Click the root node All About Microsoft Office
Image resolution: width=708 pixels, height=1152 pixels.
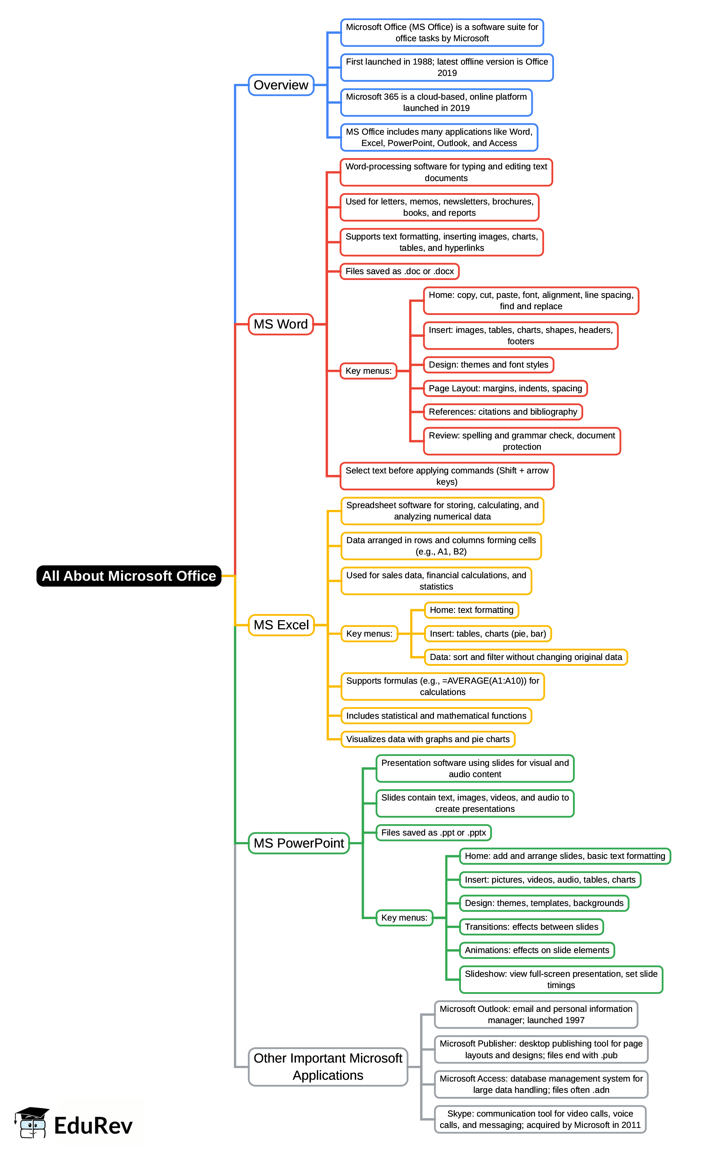tap(129, 576)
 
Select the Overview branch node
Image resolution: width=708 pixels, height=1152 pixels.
tap(281, 85)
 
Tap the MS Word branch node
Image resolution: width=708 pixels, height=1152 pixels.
tap(281, 324)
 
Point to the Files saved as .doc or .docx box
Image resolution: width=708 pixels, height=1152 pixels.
tap(399, 271)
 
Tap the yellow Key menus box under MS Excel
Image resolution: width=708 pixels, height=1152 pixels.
tap(369, 634)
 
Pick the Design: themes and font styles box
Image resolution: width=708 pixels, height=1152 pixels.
tap(488, 365)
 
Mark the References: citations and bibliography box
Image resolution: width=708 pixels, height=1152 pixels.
tap(503, 412)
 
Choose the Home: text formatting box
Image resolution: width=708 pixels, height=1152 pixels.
tap(472, 610)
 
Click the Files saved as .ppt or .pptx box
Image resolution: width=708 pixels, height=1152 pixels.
tap(434, 832)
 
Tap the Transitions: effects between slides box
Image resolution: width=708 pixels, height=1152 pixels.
tap(531, 927)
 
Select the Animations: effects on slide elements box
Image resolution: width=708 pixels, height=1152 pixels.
tap(537, 950)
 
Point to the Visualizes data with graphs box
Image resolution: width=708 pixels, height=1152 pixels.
tap(428, 739)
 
